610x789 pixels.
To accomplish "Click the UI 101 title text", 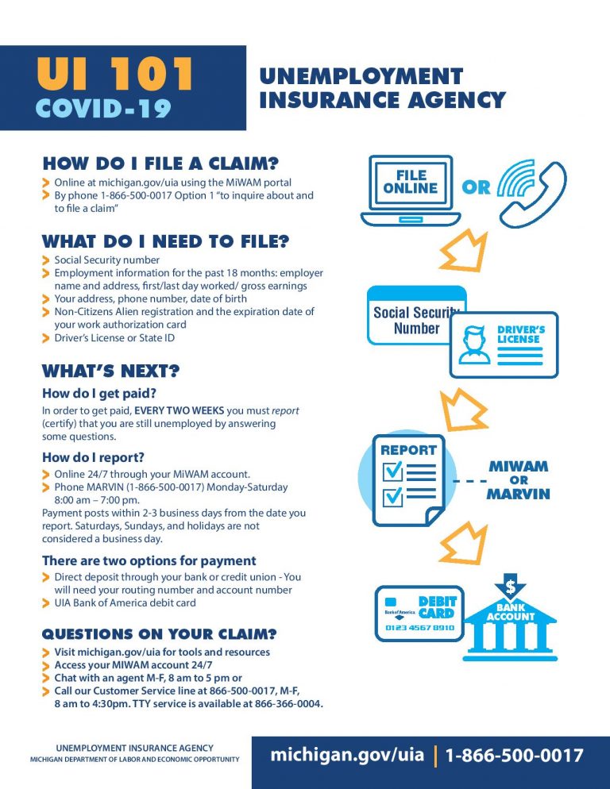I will point(114,75).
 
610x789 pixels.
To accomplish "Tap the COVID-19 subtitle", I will point(103,108).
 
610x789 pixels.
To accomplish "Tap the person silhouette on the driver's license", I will point(476,345).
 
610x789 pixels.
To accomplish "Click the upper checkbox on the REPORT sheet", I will point(394,471).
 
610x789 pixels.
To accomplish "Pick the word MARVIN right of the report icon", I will point(518,494).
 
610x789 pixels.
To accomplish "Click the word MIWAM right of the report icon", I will point(518,467).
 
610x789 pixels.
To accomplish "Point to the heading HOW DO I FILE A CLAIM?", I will point(160,164).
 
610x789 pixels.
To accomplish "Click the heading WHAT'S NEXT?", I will point(110,371).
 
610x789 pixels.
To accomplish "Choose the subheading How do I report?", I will point(93,456).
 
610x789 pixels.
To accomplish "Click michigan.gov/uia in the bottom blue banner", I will point(347,755).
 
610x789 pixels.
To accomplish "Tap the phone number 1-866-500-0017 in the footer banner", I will point(514,755).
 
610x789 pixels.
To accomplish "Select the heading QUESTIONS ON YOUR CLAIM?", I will point(159,633).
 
